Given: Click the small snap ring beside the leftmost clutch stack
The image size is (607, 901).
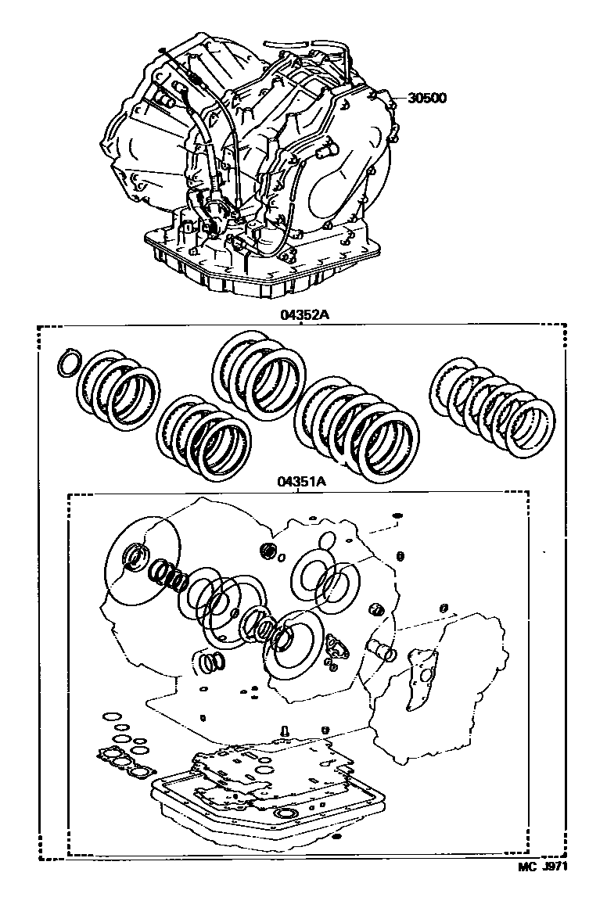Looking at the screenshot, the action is pos(69,364).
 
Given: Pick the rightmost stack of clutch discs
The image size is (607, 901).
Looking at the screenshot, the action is pos(492,405).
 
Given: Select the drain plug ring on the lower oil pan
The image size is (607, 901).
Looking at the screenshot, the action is pos(284,814).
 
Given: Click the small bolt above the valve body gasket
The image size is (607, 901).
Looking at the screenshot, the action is pos(284,731).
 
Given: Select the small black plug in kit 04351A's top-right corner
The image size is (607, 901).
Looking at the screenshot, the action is pos(397,515).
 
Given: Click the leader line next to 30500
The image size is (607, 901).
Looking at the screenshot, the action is pos(398,98).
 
